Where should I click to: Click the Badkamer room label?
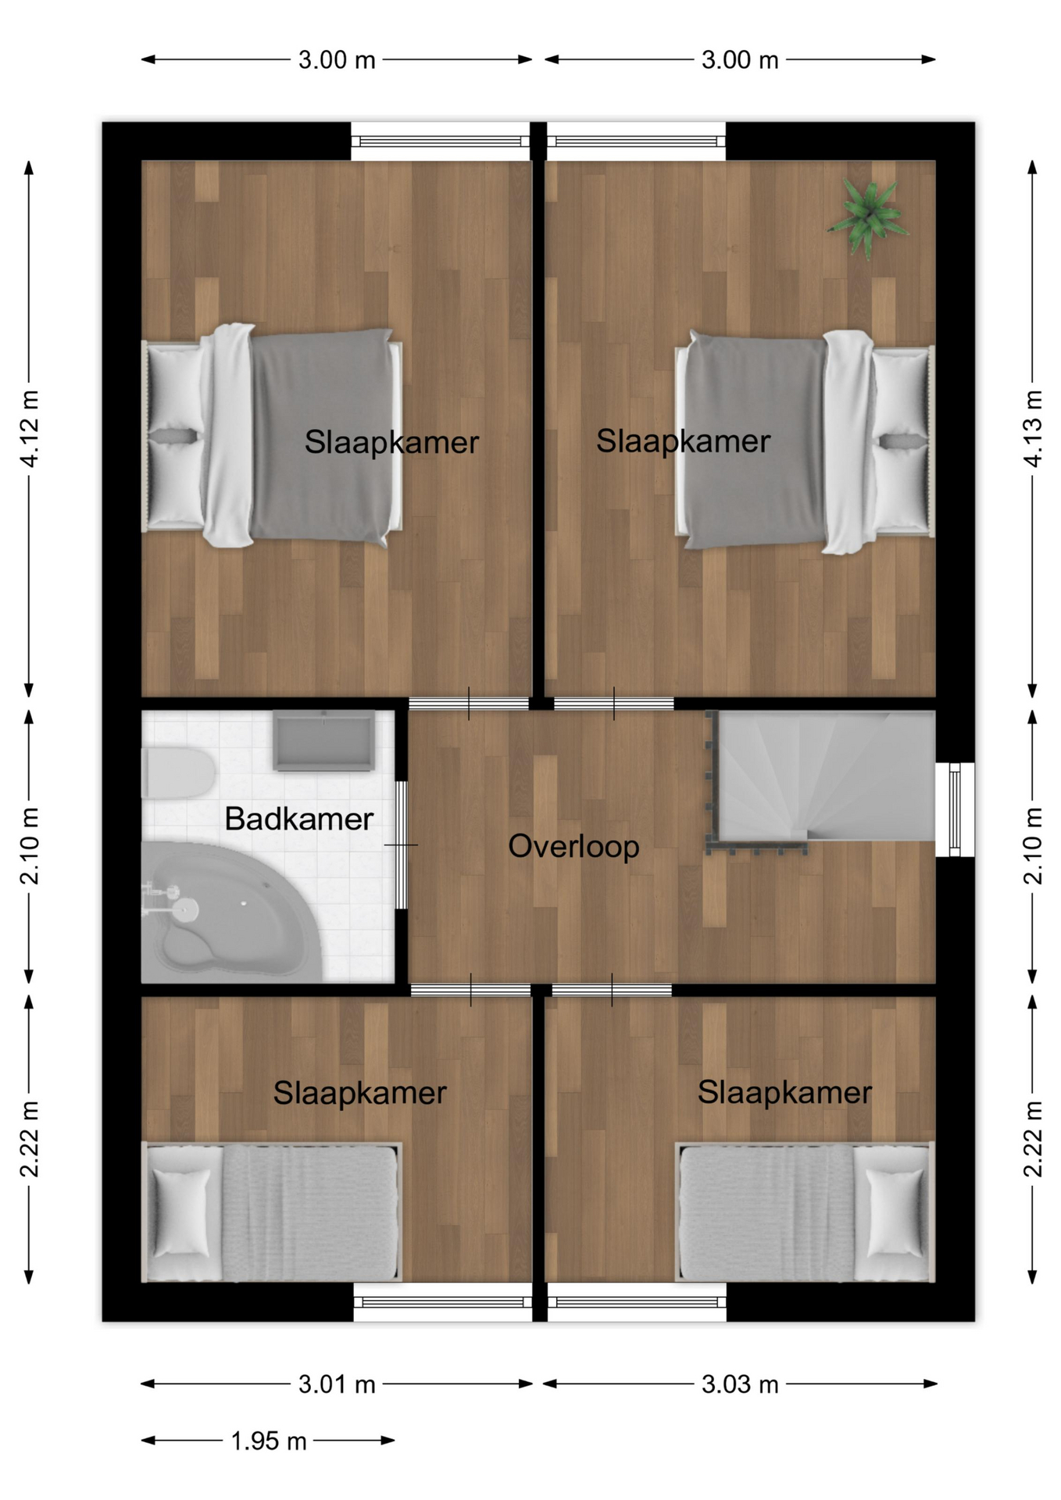(298, 819)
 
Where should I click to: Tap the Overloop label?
(573, 847)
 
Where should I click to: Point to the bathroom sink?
(323, 741)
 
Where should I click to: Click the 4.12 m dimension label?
(29, 429)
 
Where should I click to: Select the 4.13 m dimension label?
(1033, 429)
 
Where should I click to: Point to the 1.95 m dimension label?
(269, 1441)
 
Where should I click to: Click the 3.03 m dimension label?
(740, 1384)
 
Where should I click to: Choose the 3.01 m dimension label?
(337, 1384)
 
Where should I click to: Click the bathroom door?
(401, 845)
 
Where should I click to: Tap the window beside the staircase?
(955, 809)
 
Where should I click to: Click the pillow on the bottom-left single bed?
(180, 1212)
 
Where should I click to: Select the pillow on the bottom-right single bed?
(895, 1212)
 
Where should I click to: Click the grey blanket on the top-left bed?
(322, 435)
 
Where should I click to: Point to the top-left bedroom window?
(441, 141)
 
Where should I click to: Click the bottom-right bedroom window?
(637, 1302)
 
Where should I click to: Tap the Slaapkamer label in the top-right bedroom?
(683, 441)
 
